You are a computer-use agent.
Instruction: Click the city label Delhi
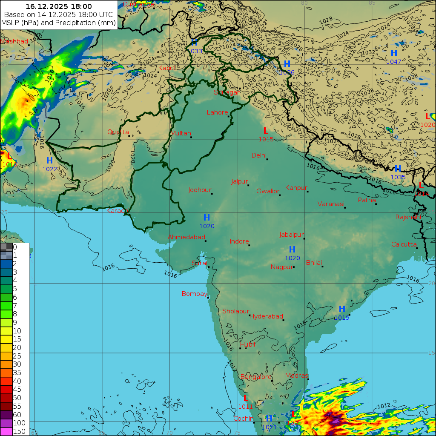click(259, 155)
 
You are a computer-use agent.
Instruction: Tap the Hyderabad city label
click(266, 316)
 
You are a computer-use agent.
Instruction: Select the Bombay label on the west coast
click(194, 294)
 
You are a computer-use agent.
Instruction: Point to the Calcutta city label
click(404, 244)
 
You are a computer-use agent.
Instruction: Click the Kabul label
click(167, 68)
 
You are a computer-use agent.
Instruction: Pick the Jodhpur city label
click(200, 190)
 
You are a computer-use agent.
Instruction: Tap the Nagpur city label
click(282, 267)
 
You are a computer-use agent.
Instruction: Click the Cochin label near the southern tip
click(243, 419)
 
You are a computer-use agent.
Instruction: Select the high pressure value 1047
click(393, 62)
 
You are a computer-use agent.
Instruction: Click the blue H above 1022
click(49, 161)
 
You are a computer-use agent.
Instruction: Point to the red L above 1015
click(266, 131)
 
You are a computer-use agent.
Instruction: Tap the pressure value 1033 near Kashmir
click(195, 51)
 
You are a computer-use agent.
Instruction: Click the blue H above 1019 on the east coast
click(342, 309)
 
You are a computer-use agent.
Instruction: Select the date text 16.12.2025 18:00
click(59, 6)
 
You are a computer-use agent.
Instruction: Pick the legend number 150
click(19, 431)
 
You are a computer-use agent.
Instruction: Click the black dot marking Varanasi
click(345, 208)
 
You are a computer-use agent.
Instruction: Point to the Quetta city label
click(118, 132)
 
